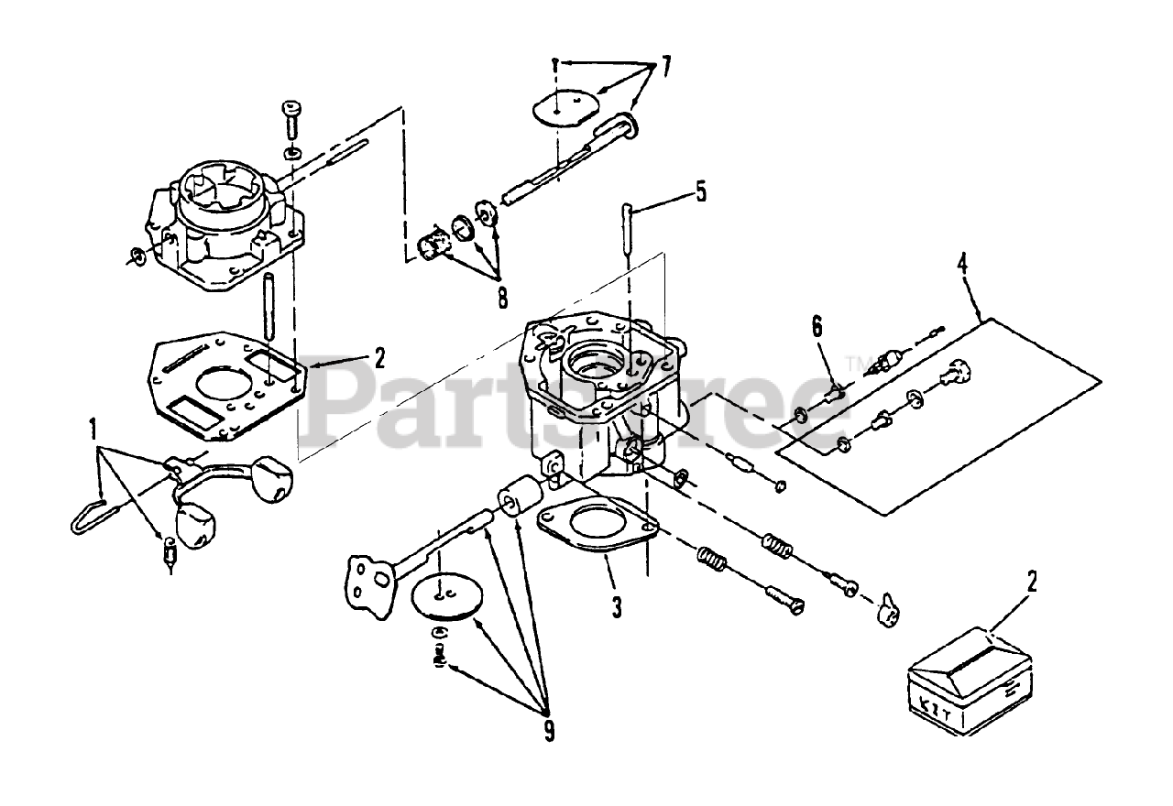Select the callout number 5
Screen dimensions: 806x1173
pyautogui.click(x=701, y=191)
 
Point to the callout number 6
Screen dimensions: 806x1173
pyautogui.click(x=817, y=325)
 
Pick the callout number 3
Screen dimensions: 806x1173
pyautogui.click(x=617, y=605)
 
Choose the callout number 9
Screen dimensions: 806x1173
pyautogui.click(x=549, y=730)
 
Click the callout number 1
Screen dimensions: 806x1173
pyautogui.click(x=93, y=428)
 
